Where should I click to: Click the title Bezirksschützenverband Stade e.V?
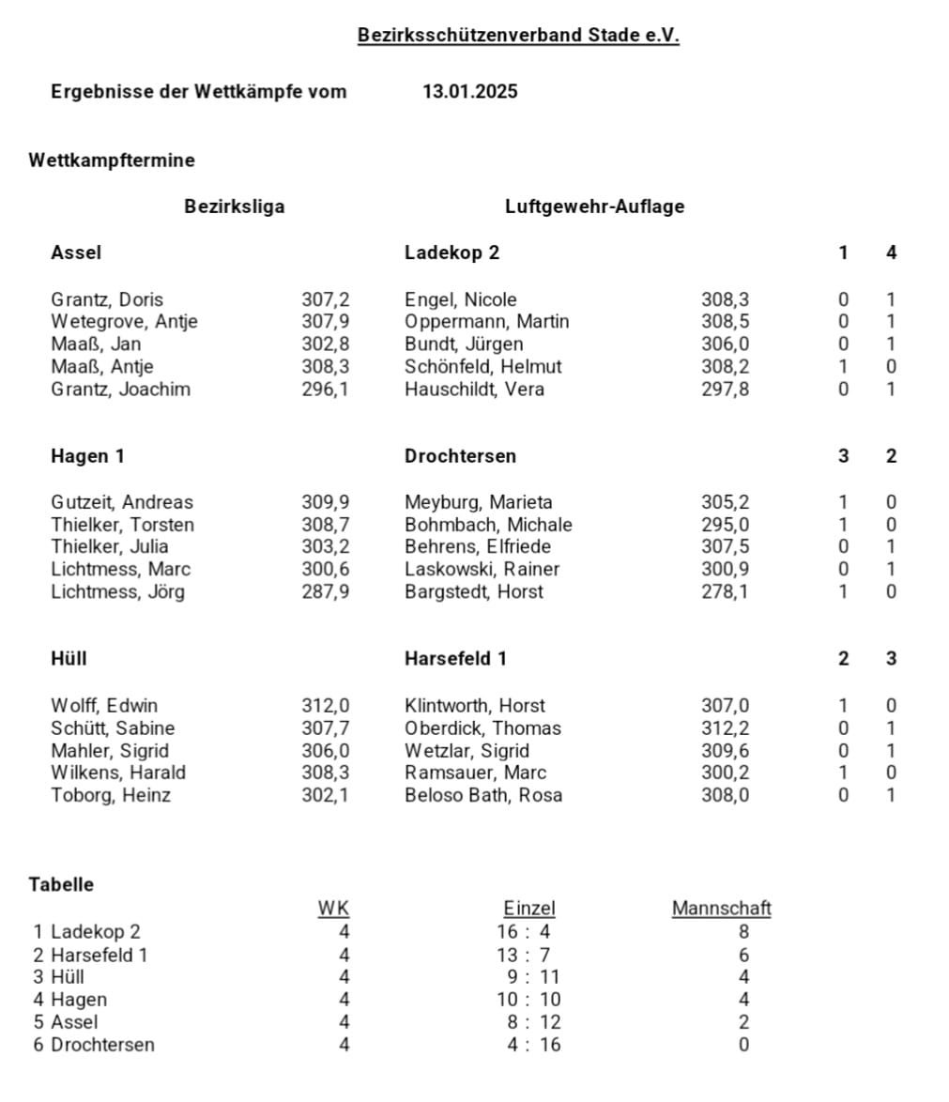[518, 36]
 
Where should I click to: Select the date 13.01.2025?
[469, 91]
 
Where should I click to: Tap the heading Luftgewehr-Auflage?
[594, 207]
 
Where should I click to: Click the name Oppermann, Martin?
[486, 321]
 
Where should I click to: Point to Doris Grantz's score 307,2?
[325, 299]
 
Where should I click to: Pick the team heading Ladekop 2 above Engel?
[452, 253]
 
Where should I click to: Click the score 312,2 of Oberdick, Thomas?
[725, 727]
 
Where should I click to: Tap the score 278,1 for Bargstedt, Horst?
[725, 591]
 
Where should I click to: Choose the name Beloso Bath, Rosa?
[483, 795]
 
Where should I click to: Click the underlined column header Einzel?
[529, 908]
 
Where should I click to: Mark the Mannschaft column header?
[721, 908]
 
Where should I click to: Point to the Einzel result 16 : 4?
[528, 931]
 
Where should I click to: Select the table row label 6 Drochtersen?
[94, 1045]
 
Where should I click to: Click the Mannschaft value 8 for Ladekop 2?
[744, 931]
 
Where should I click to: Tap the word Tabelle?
[61, 884]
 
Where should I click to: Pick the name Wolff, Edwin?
[104, 705]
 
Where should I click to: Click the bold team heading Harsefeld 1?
[455, 659]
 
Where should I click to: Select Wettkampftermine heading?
[112, 161]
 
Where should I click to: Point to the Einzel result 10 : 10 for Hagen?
[528, 1000]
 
